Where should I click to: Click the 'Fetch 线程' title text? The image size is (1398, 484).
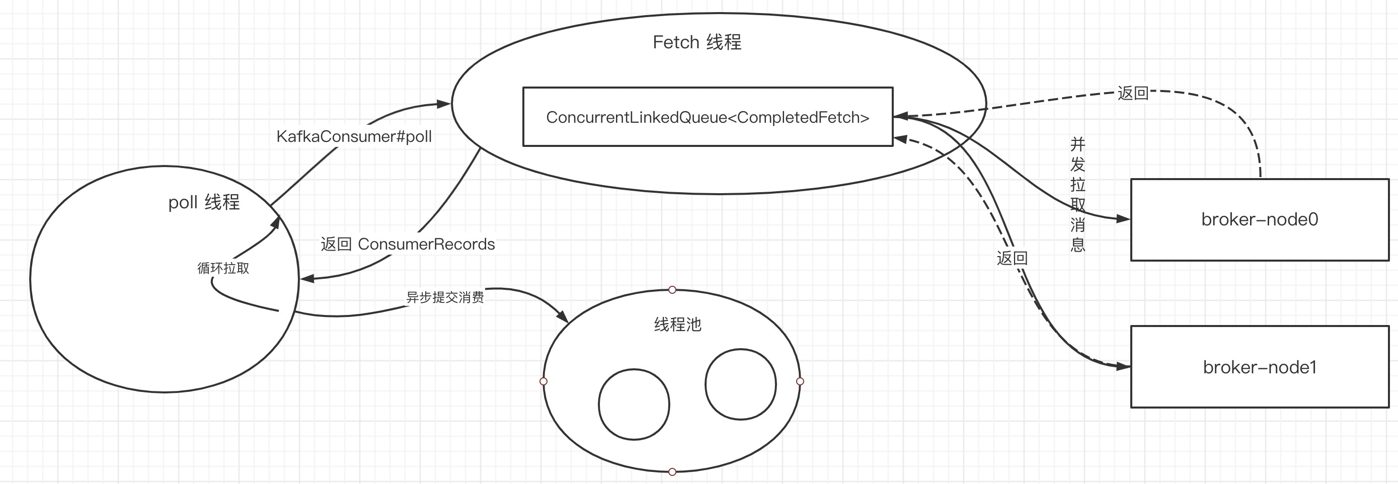pos(697,42)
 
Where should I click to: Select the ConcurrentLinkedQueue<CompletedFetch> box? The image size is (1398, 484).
pos(708,117)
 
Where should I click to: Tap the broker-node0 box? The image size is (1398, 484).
pos(1260,220)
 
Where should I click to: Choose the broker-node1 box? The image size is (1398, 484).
pos(1260,367)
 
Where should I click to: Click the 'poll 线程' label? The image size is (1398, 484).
pos(203,202)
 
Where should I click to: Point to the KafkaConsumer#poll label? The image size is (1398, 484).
pos(354,136)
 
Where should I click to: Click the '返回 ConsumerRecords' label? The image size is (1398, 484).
pos(408,244)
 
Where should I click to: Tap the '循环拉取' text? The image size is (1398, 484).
pos(223,268)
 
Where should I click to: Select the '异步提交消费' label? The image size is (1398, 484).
pos(445,297)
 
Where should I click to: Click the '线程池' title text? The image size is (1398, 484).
pos(678,325)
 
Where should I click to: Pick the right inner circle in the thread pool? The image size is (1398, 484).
pos(741,384)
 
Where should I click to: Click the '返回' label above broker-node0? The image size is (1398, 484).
pos(1133,93)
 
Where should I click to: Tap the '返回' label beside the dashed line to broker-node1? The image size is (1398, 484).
pos(1012,258)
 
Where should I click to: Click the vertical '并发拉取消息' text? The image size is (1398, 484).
pos(1077,194)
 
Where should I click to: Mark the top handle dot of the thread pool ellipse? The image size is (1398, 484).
pos(672,290)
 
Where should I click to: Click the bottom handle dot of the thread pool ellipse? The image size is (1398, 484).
pos(672,472)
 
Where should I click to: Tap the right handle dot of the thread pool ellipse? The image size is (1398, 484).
pos(800,381)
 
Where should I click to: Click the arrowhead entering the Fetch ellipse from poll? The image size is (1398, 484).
pos(444,104)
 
